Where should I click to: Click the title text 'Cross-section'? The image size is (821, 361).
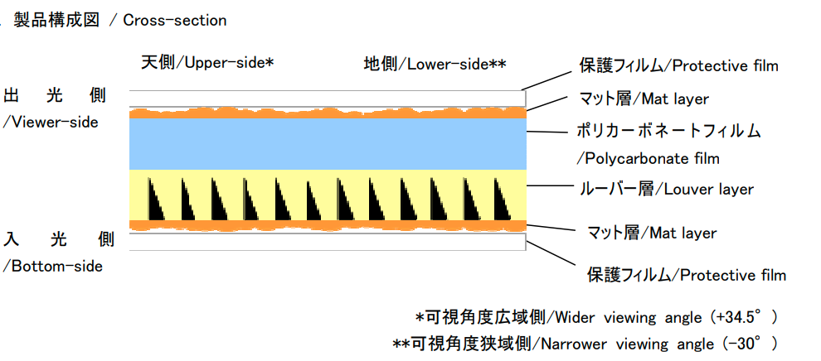pyautogui.click(x=174, y=21)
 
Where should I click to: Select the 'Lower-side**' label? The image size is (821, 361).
pyautogui.click(x=456, y=64)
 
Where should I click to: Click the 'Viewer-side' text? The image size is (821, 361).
pyautogui.click(x=52, y=122)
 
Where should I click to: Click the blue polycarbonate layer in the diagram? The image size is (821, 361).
pyautogui.click(x=328, y=143)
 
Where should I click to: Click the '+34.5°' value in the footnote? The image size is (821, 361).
pyautogui.click(x=743, y=317)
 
